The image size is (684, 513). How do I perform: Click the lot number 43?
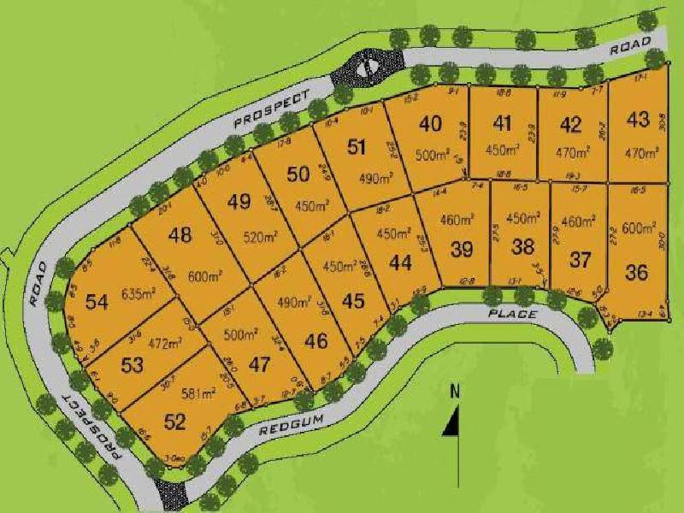tap(638, 119)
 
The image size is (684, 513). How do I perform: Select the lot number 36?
tap(636, 273)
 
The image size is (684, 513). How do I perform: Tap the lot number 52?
tap(174, 421)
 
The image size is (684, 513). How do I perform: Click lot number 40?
tap(430, 123)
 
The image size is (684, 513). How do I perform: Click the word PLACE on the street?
tap(513, 315)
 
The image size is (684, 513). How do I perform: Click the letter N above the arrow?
tap(455, 392)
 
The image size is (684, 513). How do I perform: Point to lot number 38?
tap(522, 247)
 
